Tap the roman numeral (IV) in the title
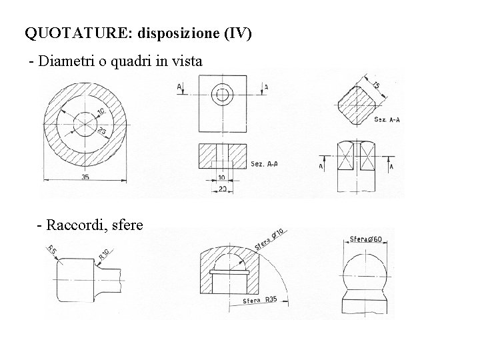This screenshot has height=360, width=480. [238, 33]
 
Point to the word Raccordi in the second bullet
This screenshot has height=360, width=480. [72, 225]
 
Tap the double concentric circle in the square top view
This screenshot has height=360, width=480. [221, 95]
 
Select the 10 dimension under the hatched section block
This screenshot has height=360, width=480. [221, 177]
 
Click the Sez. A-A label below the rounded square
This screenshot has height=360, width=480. [386, 119]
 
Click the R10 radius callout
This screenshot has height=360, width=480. [103, 254]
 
